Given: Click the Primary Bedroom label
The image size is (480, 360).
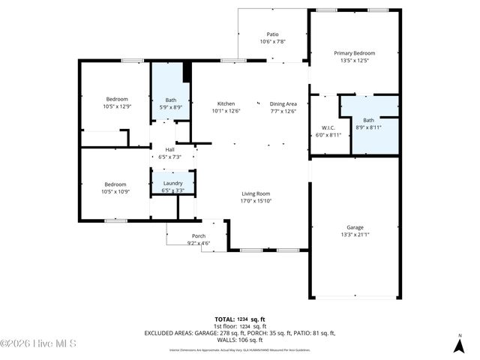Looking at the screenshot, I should click(354, 53).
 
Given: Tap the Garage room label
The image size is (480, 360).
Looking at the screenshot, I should click(355, 227).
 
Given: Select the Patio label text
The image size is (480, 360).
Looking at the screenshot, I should click(272, 34).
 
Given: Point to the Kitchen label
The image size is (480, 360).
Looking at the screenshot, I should click(226, 103).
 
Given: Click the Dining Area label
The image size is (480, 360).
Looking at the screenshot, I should click(283, 103).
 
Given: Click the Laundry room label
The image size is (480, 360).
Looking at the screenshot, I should click(172, 183).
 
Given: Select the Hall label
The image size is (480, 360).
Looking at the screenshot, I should click(169, 149).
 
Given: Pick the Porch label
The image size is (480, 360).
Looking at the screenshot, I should click(199, 235).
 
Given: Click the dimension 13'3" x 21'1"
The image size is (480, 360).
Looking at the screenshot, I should click(355, 234).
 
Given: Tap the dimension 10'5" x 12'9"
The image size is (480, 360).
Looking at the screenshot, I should click(116, 106).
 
